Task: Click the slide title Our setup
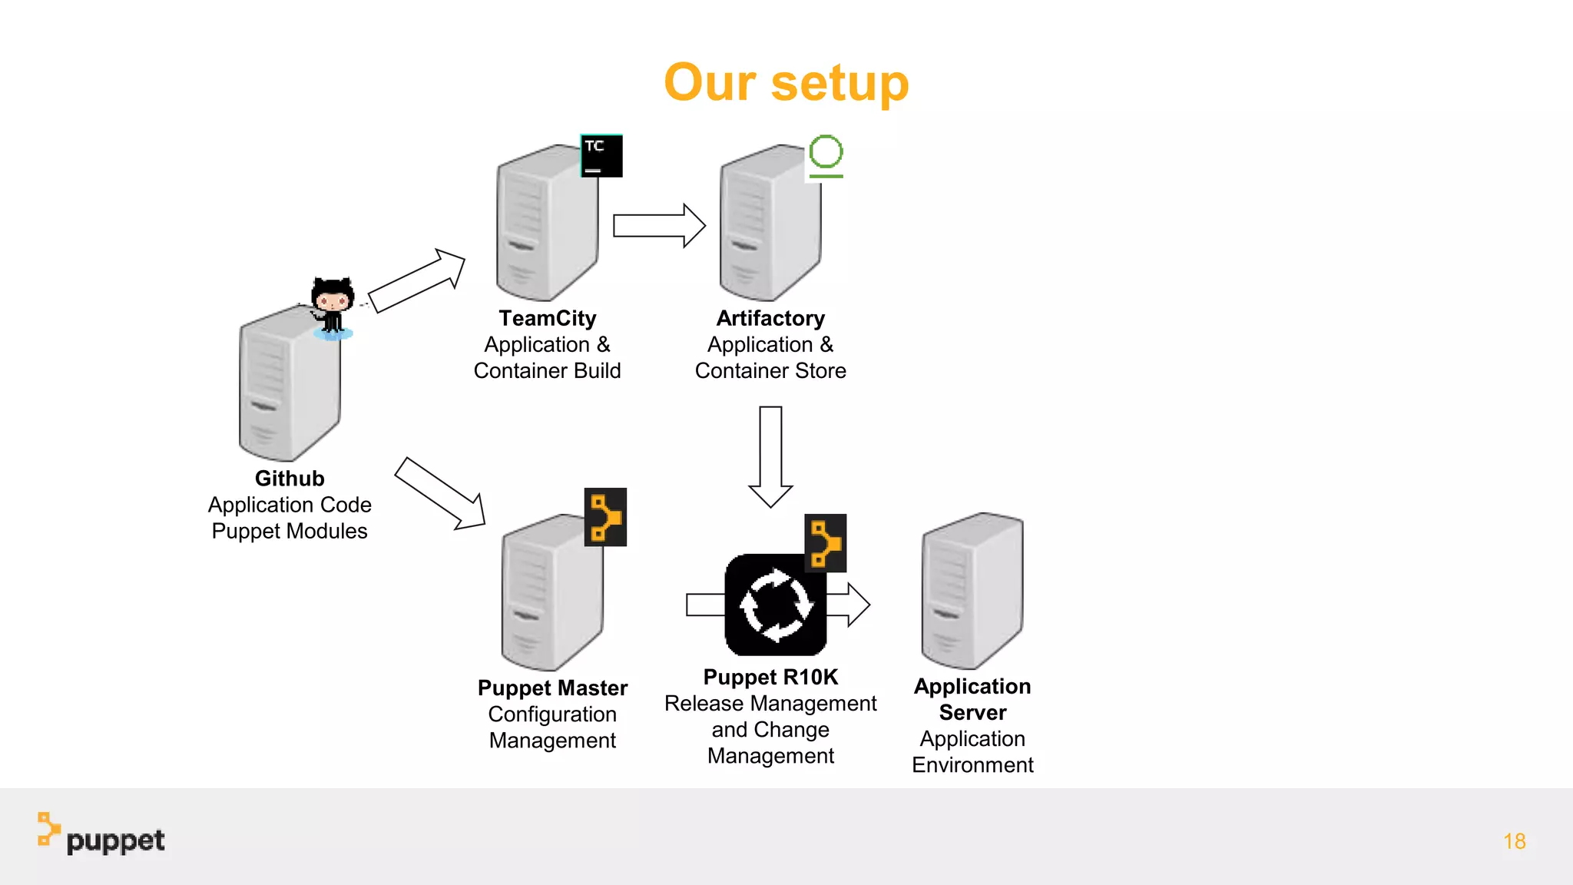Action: [786, 82]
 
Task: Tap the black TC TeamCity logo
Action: [601, 156]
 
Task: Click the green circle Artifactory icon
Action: [826, 156]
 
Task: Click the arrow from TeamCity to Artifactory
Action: [659, 226]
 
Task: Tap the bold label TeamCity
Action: [547, 318]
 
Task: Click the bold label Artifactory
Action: [770, 318]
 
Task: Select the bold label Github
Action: [290, 479]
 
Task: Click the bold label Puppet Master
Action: [552, 688]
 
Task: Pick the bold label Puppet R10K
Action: [770, 677]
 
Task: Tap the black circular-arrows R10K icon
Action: [774, 605]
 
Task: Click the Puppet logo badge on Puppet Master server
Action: [605, 517]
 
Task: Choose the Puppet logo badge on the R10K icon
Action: [825, 543]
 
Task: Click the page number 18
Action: [1514, 841]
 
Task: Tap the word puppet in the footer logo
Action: [115, 840]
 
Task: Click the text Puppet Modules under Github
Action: [290, 531]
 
